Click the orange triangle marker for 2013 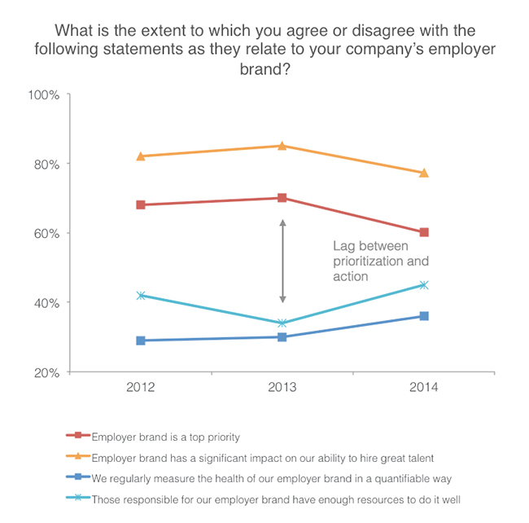[282, 146]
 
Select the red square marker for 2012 [141, 204]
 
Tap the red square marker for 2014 [424, 232]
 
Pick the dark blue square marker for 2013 [282, 336]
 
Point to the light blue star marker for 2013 [282, 323]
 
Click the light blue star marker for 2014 [424, 285]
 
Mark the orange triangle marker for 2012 [141, 156]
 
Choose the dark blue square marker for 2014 [424, 316]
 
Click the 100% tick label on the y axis [44, 94]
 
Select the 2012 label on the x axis [141, 389]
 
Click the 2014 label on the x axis [424, 389]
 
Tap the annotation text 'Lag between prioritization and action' [380, 261]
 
